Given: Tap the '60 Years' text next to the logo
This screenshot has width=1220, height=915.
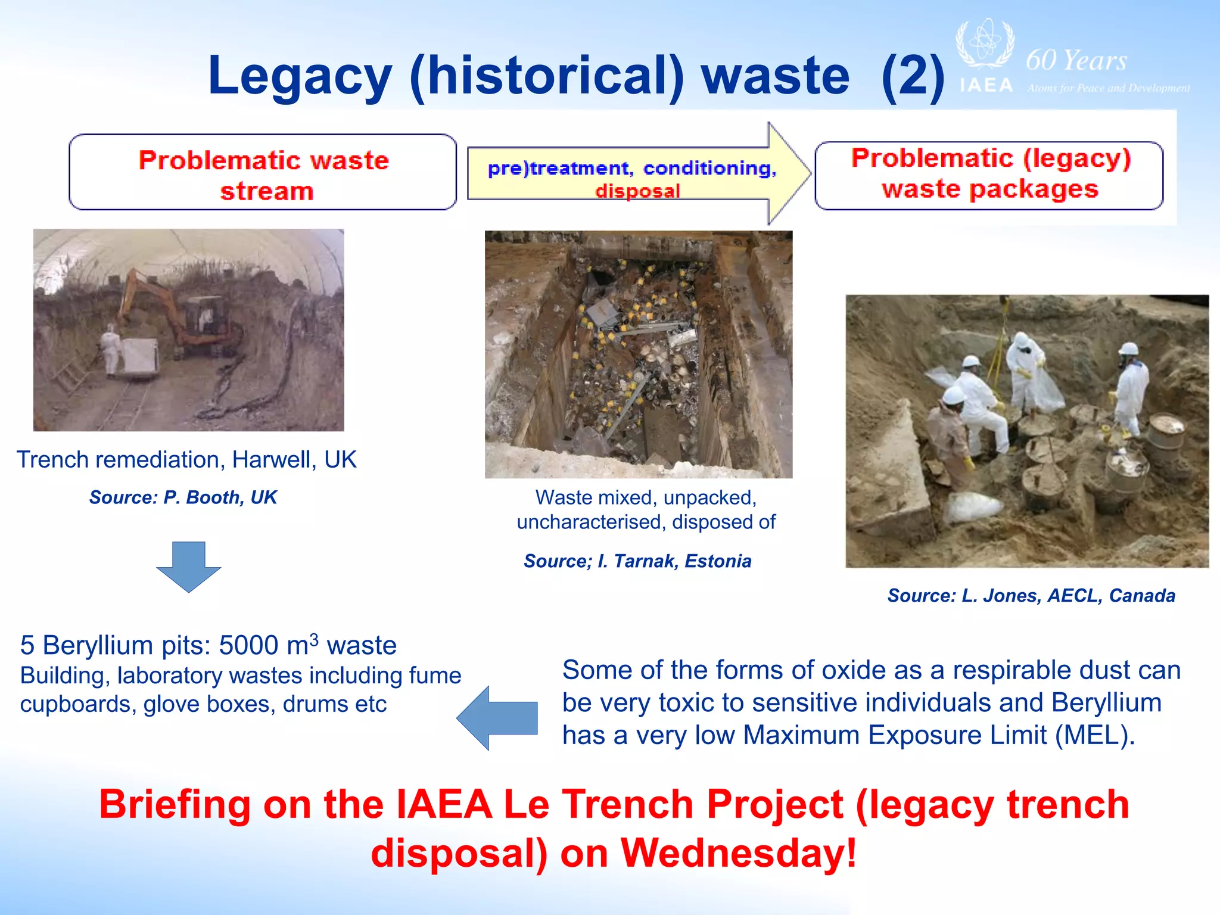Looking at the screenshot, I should [x=1076, y=61].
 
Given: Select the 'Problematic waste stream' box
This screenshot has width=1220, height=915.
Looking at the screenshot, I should [x=263, y=173].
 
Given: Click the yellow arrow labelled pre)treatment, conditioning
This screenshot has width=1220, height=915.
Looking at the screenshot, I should [x=637, y=173].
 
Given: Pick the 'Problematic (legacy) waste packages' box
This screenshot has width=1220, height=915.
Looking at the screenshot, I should [x=989, y=175].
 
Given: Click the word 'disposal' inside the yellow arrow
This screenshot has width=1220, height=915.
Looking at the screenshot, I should [x=637, y=191].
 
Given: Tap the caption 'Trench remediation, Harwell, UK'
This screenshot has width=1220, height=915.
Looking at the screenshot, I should [x=186, y=460].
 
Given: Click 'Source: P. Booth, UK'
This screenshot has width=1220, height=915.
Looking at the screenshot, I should [x=183, y=497].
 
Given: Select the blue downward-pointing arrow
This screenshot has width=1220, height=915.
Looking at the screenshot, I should [x=188, y=566].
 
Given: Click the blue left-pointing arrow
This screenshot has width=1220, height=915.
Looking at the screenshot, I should [x=497, y=717].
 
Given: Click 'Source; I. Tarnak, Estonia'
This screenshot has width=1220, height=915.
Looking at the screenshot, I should [x=637, y=561].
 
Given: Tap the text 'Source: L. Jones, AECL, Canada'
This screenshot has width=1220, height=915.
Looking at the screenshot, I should [x=1031, y=596].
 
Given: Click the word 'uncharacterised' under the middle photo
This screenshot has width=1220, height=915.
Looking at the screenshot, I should [x=591, y=522].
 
